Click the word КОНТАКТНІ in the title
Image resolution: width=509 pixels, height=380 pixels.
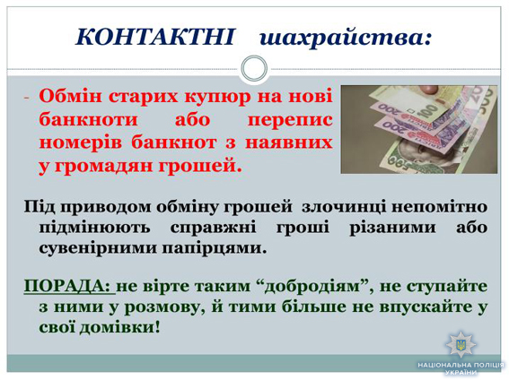[x=154, y=36]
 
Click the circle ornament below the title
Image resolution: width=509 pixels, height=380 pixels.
[x=254, y=69]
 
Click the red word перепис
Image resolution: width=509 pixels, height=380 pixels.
[x=290, y=120]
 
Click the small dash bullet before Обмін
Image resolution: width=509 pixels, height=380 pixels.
[x=26, y=98]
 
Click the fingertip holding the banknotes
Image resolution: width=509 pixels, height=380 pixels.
[x=428, y=89]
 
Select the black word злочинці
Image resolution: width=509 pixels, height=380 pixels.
[x=344, y=207]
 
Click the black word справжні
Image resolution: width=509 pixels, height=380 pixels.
[x=214, y=228]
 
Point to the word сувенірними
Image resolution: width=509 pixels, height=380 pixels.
[x=98, y=249]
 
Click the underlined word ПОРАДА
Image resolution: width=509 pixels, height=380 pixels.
[x=66, y=287]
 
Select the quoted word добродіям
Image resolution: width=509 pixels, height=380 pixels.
[x=313, y=287]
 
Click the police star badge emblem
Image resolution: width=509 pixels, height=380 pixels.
[x=461, y=344]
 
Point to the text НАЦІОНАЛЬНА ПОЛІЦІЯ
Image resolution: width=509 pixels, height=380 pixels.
[x=461, y=365]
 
